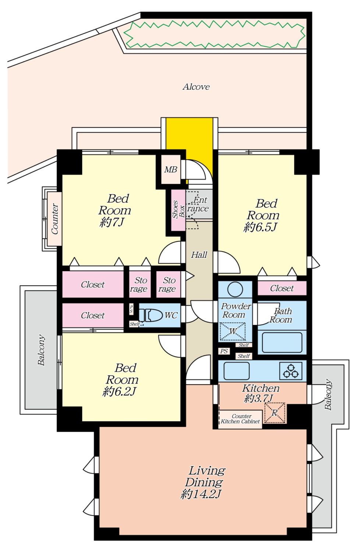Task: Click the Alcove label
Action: click(x=196, y=87)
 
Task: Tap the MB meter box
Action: click(x=171, y=170)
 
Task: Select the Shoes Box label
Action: click(x=178, y=210)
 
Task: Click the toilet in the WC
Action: click(x=151, y=315)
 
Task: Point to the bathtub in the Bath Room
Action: click(x=282, y=342)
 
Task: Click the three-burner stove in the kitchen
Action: click(x=291, y=371)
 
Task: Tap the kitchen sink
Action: click(x=236, y=371)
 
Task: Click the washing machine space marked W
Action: click(x=233, y=332)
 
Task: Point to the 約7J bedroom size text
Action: click(x=112, y=223)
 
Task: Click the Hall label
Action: click(x=199, y=255)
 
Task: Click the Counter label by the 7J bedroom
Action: click(x=55, y=219)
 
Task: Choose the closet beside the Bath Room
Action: click(x=282, y=288)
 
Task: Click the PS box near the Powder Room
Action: click(x=224, y=351)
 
